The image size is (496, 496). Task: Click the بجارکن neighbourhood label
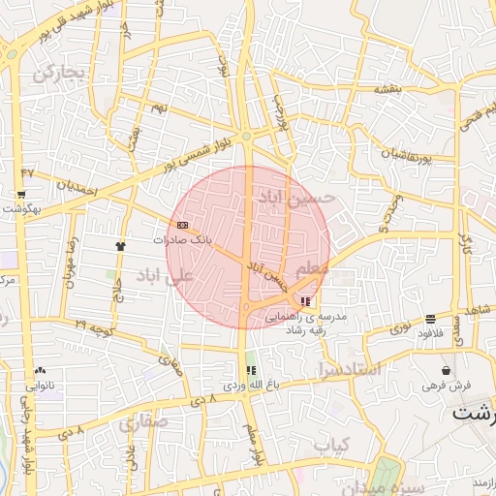pos(60,74)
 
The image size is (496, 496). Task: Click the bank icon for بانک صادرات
pos(183,225)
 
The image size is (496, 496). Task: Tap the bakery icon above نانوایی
pos(40,370)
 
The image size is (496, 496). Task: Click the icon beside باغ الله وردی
pos(252,370)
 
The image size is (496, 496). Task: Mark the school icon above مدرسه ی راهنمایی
pos(307,301)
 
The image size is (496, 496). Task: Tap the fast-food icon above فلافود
pos(430,319)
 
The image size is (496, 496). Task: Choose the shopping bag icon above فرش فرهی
pos(446,370)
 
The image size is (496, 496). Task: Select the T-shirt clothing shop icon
pos(121,246)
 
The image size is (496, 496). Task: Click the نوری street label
pos(400,330)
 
